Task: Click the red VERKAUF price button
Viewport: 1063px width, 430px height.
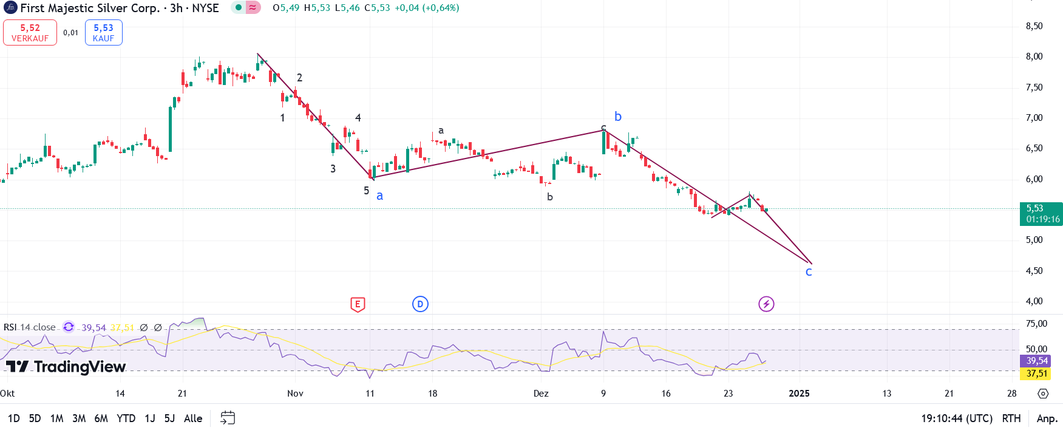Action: pyautogui.click(x=30, y=33)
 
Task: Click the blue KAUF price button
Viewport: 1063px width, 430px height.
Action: pyautogui.click(x=103, y=33)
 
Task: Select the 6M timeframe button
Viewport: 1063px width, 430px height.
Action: pyautogui.click(x=101, y=418)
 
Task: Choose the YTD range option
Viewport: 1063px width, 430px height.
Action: pyautogui.click(x=126, y=418)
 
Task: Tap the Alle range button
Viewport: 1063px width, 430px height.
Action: pyautogui.click(x=193, y=418)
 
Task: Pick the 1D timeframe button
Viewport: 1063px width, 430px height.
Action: pyautogui.click(x=13, y=418)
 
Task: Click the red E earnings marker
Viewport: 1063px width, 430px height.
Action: pyautogui.click(x=358, y=304)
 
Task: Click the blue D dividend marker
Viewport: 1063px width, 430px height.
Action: pyautogui.click(x=420, y=304)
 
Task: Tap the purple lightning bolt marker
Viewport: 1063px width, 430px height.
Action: pyautogui.click(x=766, y=304)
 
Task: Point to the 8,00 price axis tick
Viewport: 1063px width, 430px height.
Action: pyautogui.click(x=1034, y=56)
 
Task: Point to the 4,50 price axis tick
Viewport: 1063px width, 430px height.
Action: pyautogui.click(x=1034, y=271)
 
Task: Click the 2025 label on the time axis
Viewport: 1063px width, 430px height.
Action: pyautogui.click(x=799, y=394)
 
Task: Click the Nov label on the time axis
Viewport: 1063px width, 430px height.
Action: pyautogui.click(x=295, y=394)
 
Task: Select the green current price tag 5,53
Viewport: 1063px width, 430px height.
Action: pyautogui.click(x=1041, y=214)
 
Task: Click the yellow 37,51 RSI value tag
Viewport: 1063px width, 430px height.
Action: pyautogui.click(x=1037, y=374)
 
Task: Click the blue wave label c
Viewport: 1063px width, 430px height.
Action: pyautogui.click(x=809, y=272)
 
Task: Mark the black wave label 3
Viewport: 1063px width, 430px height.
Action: pyautogui.click(x=333, y=169)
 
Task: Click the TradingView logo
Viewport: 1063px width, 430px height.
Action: pyautogui.click(x=66, y=366)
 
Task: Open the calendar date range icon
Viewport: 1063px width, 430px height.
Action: pyautogui.click(x=228, y=418)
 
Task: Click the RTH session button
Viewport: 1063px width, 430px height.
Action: pyautogui.click(x=1011, y=418)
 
